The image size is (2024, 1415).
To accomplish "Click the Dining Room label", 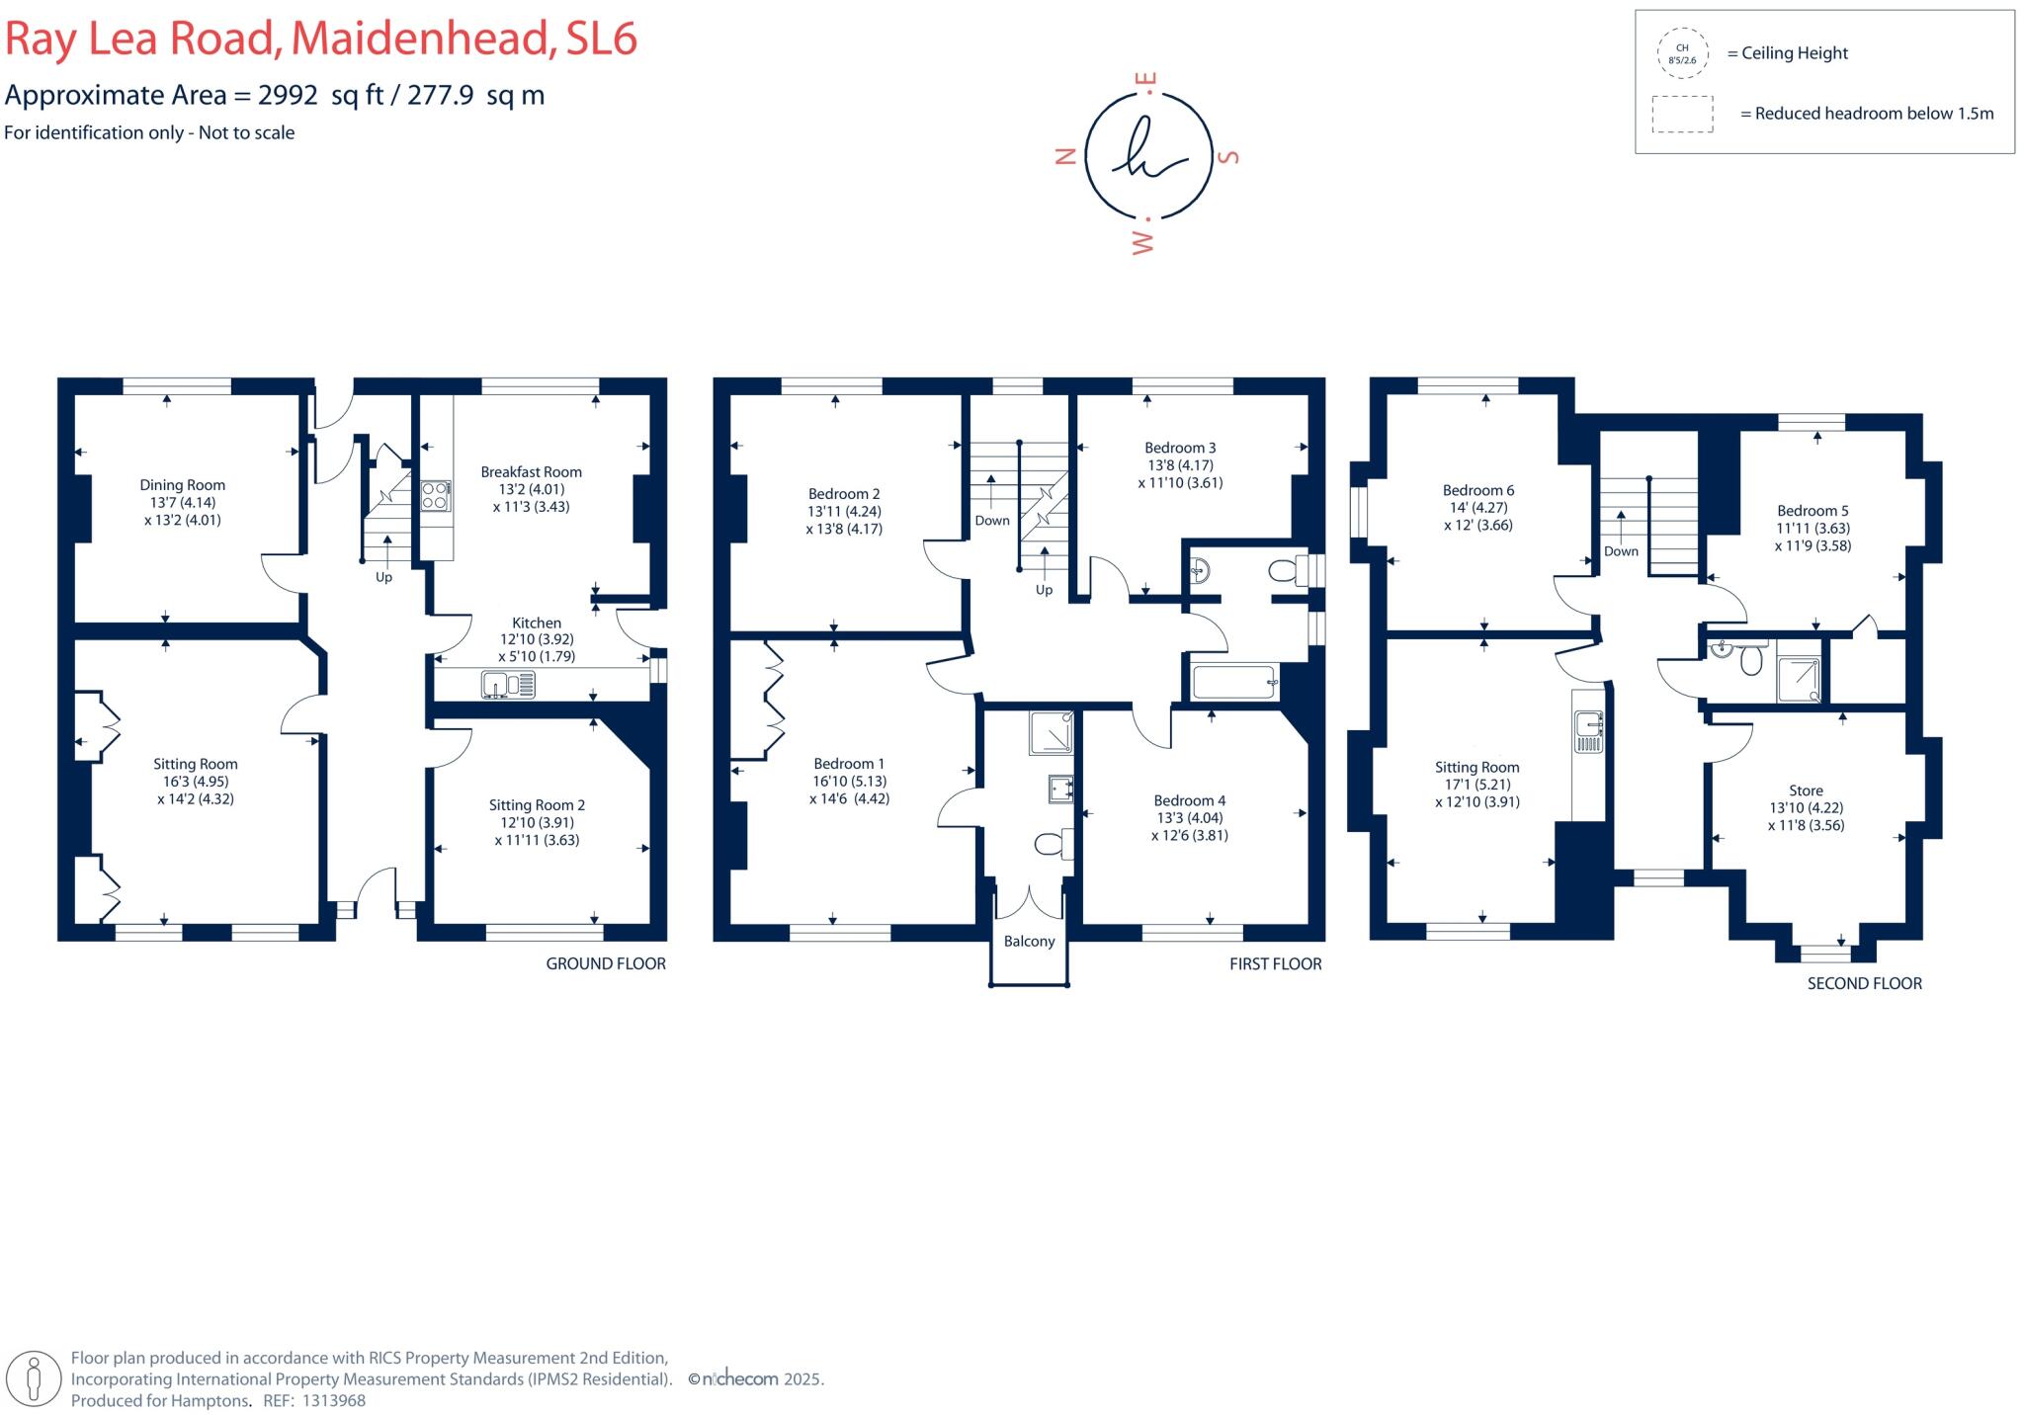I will coord(182,485).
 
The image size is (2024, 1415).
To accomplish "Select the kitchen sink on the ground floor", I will coord(508,684).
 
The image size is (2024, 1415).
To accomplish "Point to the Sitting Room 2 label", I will coord(537,805).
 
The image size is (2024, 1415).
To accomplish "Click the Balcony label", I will coord(1029,942).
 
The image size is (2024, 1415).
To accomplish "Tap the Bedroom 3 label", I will coord(1180,448).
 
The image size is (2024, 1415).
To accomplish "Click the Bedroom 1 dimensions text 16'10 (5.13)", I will coord(849,781).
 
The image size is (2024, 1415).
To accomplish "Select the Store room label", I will coord(1806,791).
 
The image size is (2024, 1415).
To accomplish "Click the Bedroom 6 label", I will coord(1477,490).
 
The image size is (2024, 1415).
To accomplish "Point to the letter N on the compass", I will coord(1065,155).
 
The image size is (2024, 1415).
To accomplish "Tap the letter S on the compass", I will coord(1229,156).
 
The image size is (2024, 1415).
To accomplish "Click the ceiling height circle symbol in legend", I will coord(1682,53).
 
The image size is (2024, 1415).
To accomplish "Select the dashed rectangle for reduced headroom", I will coord(1682,114).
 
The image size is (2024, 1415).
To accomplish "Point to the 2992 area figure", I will coord(288,95).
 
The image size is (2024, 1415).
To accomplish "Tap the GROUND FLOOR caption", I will coord(606,963).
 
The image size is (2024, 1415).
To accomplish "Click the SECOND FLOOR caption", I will coord(1864,983).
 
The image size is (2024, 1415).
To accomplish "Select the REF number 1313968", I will coord(333,1400).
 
